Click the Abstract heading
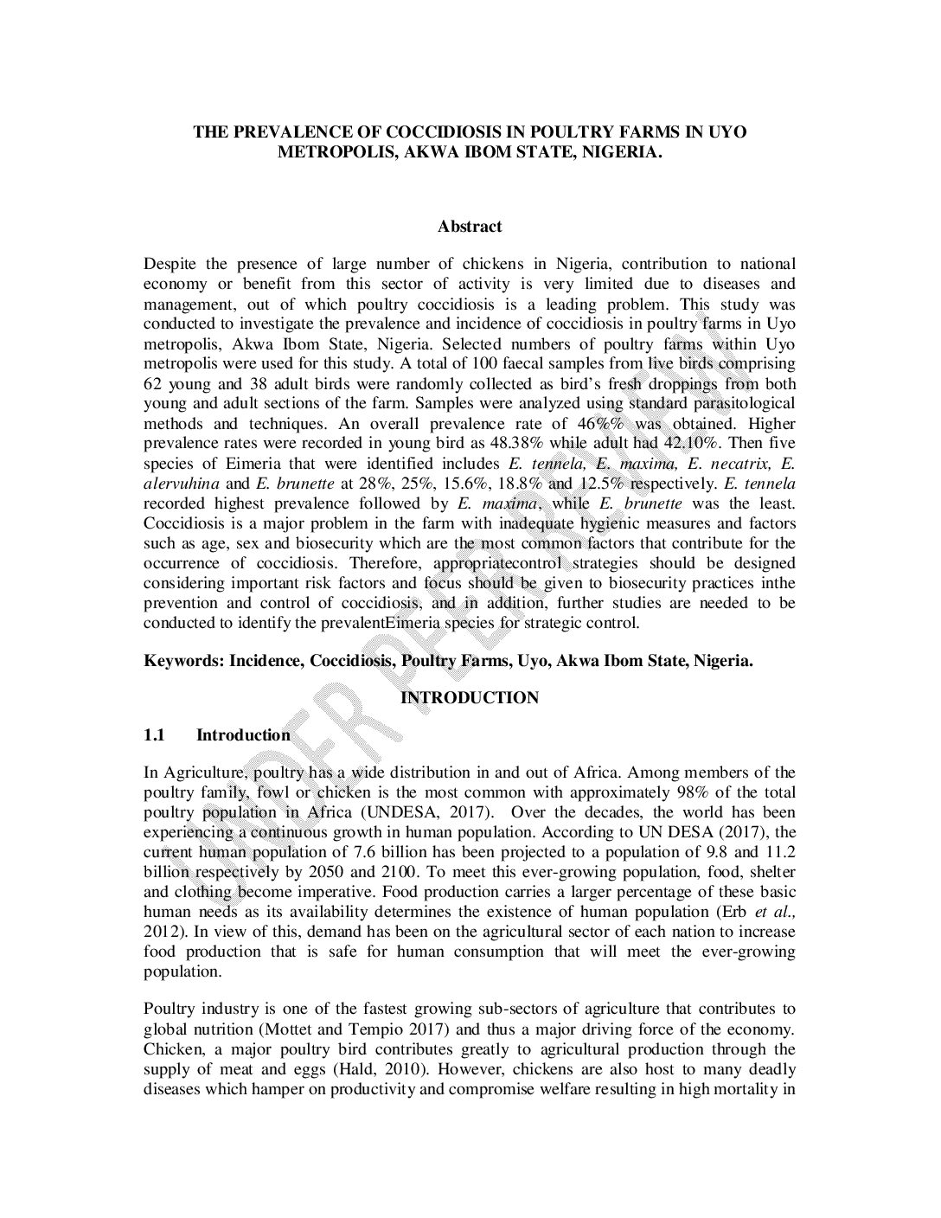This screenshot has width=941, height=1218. (x=469, y=227)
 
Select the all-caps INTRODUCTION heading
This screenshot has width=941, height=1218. (x=469, y=697)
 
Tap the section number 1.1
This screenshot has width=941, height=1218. (x=154, y=735)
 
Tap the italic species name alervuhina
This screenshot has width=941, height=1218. (x=181, y=483)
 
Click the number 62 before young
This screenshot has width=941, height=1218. (x=153, y=383)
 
